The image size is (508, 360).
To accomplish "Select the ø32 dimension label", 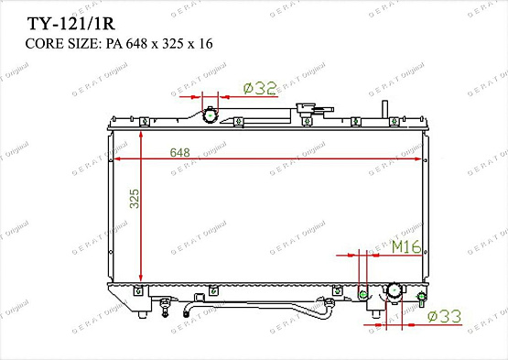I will tap(260, 88).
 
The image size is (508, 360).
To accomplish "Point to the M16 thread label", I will tap(405, 247).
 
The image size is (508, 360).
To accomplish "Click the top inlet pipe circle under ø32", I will tap(211, 115).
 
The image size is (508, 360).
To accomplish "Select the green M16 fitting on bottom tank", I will tap(363, 294).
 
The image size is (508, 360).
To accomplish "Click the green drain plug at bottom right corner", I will tap(421, 296).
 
